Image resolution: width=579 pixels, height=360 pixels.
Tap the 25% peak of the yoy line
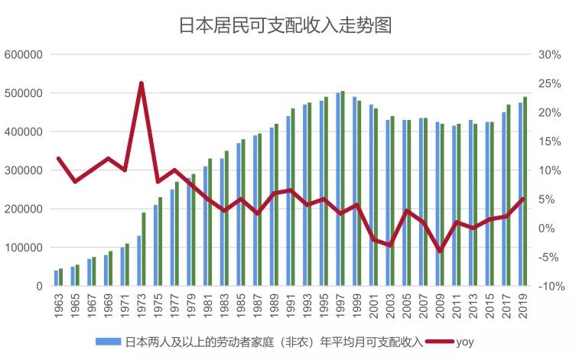click(x=141, y=83)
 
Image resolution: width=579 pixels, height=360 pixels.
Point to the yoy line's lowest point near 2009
click(x=440, y=251)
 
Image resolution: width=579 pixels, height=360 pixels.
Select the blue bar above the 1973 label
click(x=139, y=261)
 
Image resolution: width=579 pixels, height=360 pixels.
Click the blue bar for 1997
click(x=338, y=190)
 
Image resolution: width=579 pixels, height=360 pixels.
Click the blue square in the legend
click(x=99, y=342)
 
